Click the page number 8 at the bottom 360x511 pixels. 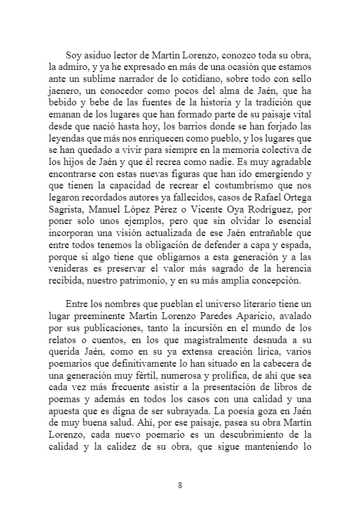pyautogui.click(x=180, y=485)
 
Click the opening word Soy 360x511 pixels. pyautogui.click(x=74, y=55)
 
